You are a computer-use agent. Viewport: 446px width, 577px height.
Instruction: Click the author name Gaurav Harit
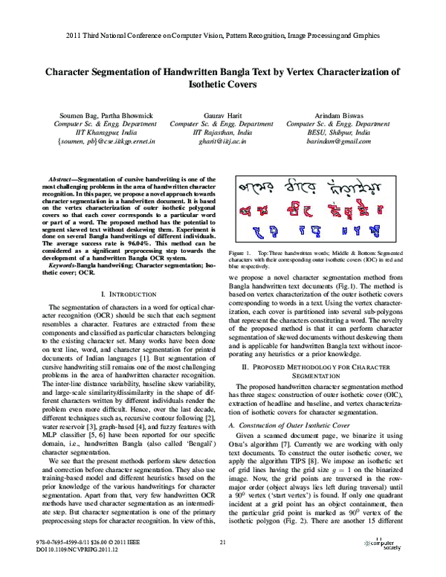click(x=223, y=116)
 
